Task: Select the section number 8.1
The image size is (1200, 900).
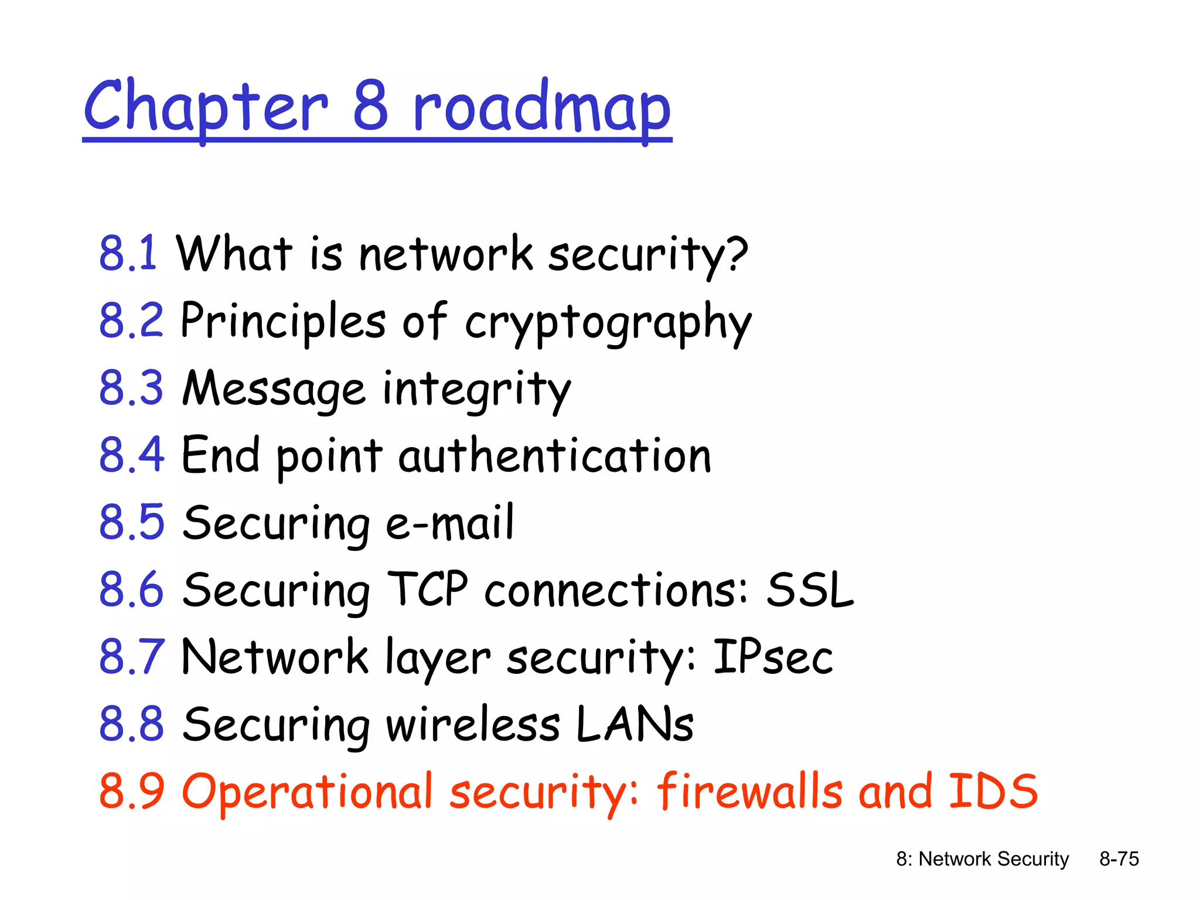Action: pyautogui.click(x=128, y=253)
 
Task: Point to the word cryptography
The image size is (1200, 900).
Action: pyautogui.click(x=608, y=322)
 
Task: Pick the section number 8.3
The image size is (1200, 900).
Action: pyautogui.click(x=131, y=388)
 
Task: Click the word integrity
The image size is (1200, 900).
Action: pyautogui.click(x=476, y=389)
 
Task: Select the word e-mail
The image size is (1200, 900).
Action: pyautogui.click(x=449, y=523)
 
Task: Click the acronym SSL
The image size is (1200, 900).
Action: pyautogui.click(x=810, y=589)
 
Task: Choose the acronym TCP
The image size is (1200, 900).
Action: pyautogui.click(x=428, y=589)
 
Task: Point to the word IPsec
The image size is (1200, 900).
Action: pyautogui.click(x=772, y=656)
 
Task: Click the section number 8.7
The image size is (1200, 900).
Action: pyautogui.click(x=131, y=656)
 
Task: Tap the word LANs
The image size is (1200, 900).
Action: pyautogui.click(x=635, y=724)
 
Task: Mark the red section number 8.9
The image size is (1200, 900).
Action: pyautogui.click(x=131, y=791)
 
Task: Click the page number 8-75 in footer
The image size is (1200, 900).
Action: pyautogui.click(x=1119, y=859)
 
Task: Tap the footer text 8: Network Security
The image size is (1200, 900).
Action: pyautogui.click(x=982, y=859)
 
